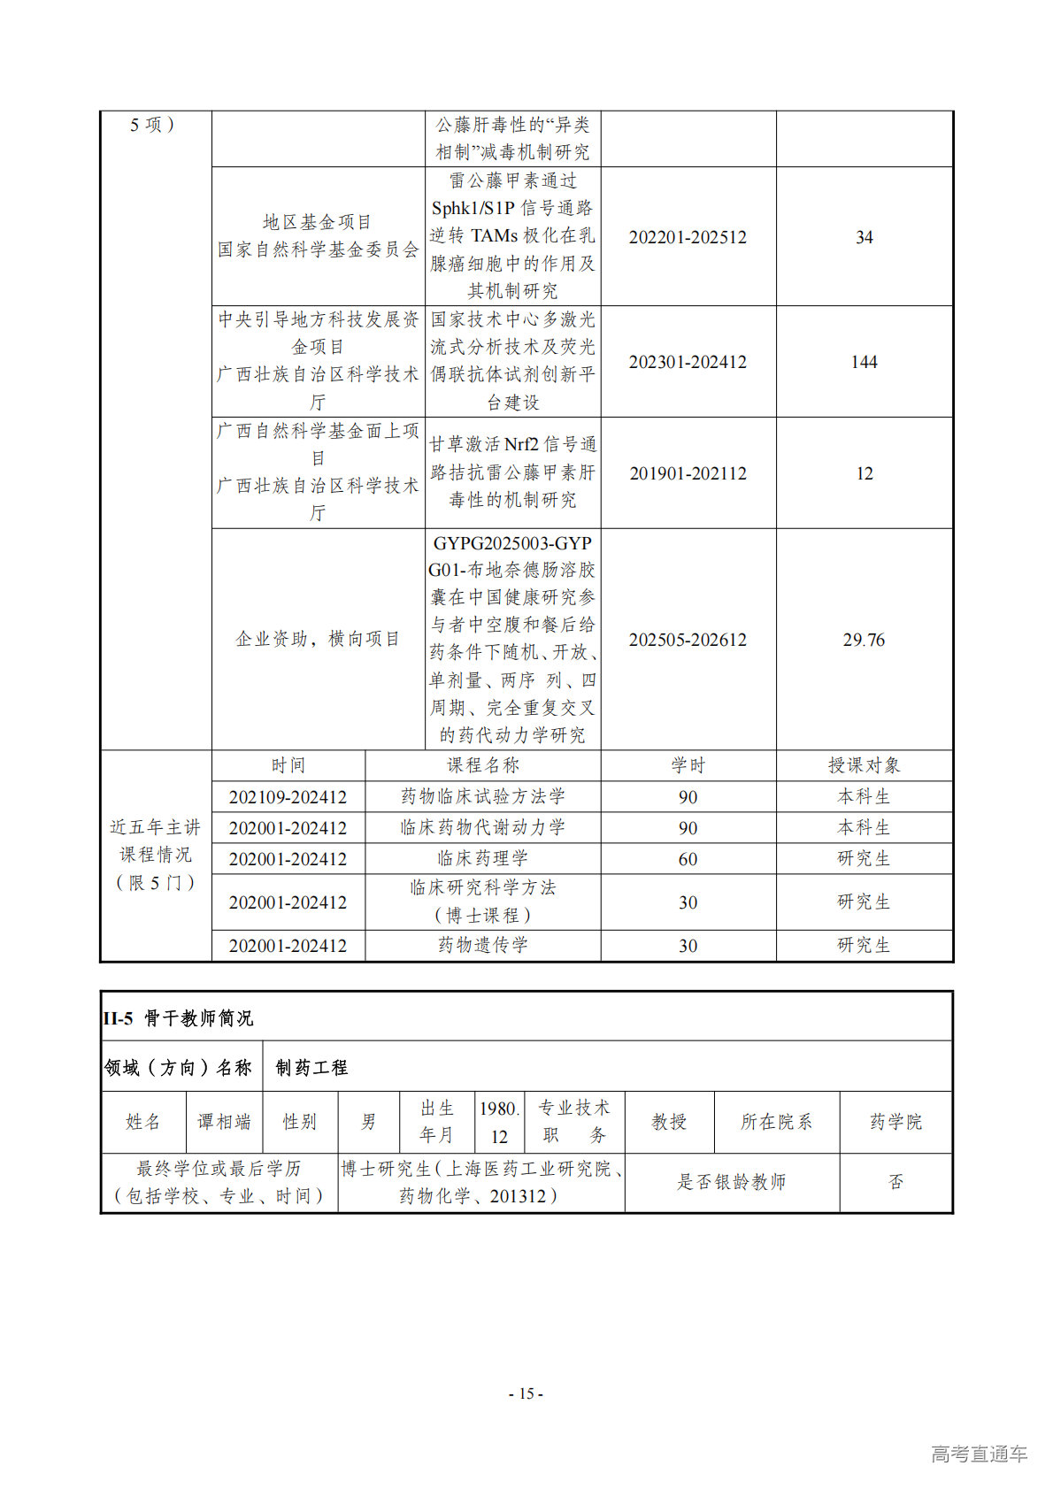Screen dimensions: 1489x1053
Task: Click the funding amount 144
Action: point(864,362)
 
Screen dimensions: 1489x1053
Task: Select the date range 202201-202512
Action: point(688,237)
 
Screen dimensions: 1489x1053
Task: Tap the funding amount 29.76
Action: point(864,640)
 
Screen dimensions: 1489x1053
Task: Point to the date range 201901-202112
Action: point(688,473)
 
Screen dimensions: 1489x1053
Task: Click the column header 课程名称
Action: point(482,765)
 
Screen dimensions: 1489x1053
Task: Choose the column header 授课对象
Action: point(864,765)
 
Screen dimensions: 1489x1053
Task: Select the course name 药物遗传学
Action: point(482,945)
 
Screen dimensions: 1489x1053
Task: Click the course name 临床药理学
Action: point(482,858)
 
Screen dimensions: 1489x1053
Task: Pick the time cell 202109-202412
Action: point(288,797)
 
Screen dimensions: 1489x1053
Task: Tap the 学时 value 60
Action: point(688,859)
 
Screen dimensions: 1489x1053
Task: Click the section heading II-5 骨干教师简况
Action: point(178,1018)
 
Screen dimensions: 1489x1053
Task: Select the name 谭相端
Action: point(224,1122)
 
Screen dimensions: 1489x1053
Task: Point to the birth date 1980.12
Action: point(499,1122)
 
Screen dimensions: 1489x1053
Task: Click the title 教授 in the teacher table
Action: point(669,1122)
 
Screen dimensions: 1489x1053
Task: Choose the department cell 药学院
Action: point(895,1122)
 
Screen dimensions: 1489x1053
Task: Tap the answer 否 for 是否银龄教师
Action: point(895,1182)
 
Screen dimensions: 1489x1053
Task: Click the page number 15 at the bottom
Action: point(526,1393)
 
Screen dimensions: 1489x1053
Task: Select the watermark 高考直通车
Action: point(979,1454)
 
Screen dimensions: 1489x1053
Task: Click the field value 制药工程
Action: point(311,1068)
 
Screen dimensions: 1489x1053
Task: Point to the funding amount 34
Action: point(864,237)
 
